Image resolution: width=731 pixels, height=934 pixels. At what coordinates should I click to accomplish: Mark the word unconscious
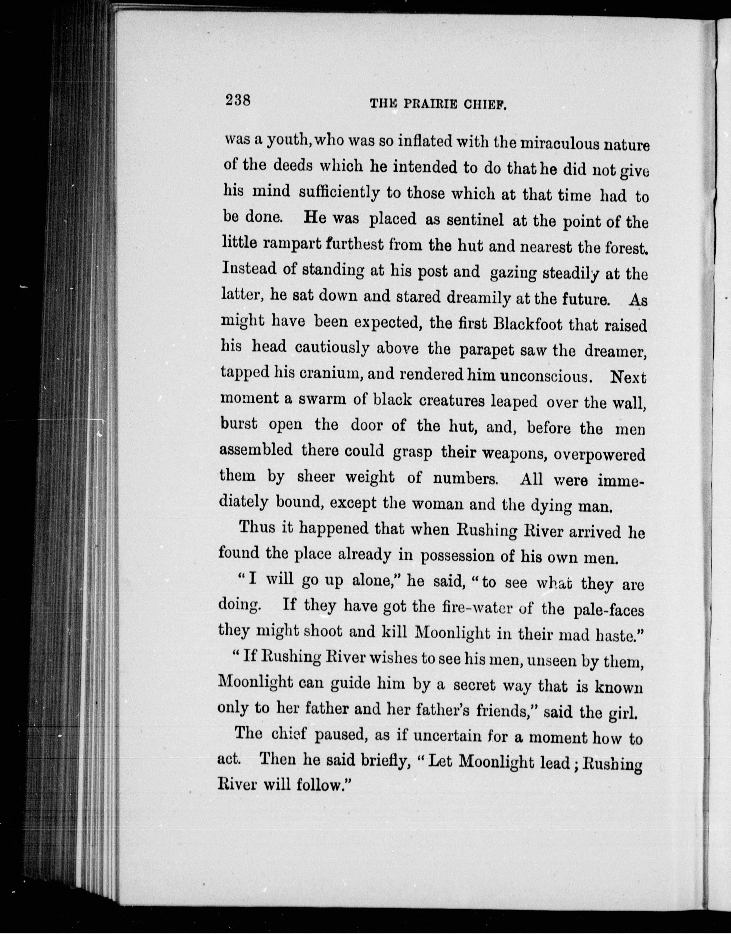click(x=545, y=376)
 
